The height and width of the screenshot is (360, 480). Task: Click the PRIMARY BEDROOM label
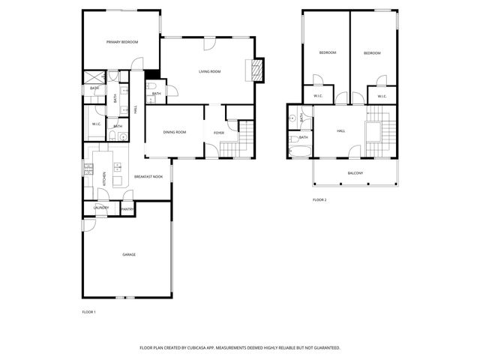tap(122, 42)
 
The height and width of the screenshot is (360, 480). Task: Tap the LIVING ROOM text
tap(209, 71)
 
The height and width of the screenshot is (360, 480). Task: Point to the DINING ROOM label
tap(174, 133)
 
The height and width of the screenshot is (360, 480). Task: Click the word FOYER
tap(219, 133)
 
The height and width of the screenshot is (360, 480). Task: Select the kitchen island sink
tap(117, 167)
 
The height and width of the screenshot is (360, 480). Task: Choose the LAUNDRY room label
tap(101, 208)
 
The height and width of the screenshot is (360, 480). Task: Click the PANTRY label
tap(127, 209)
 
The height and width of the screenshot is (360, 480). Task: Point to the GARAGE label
tap(129, 255)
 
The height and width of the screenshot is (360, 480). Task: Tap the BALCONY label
tap(355, 173)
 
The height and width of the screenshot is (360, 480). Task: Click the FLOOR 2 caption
tap(319, 199)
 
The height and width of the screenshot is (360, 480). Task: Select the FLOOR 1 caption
tap(88, 311)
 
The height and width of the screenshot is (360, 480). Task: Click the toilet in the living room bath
tap(151, 88)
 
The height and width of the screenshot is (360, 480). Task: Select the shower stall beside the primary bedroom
tap(94, 76)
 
